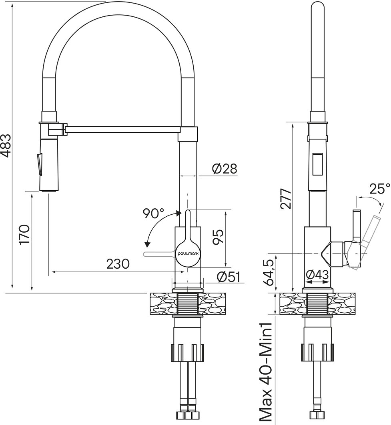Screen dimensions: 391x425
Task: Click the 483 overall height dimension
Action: click(x=6, y=146)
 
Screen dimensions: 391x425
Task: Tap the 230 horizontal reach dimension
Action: click(x=118, y=264)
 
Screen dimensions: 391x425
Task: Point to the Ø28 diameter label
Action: click(x=225, y=169)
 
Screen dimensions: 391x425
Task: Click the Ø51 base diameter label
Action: click(x=229, y=277)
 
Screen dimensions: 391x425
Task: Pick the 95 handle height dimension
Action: click(x=217, y=237)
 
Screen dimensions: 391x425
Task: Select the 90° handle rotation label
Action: click(x=154, y=213)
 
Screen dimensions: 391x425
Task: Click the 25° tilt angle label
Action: click(x=380, y=189)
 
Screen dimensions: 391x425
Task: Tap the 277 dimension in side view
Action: click(x=286, y=198)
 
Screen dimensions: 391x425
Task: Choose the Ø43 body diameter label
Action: click(x=317, y=275)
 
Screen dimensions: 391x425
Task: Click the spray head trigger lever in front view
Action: click(x=39, y=165)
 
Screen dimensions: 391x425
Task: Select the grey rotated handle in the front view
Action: click(x=159, y=254)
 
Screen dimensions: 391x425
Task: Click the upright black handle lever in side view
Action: click(x=356, y=225)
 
